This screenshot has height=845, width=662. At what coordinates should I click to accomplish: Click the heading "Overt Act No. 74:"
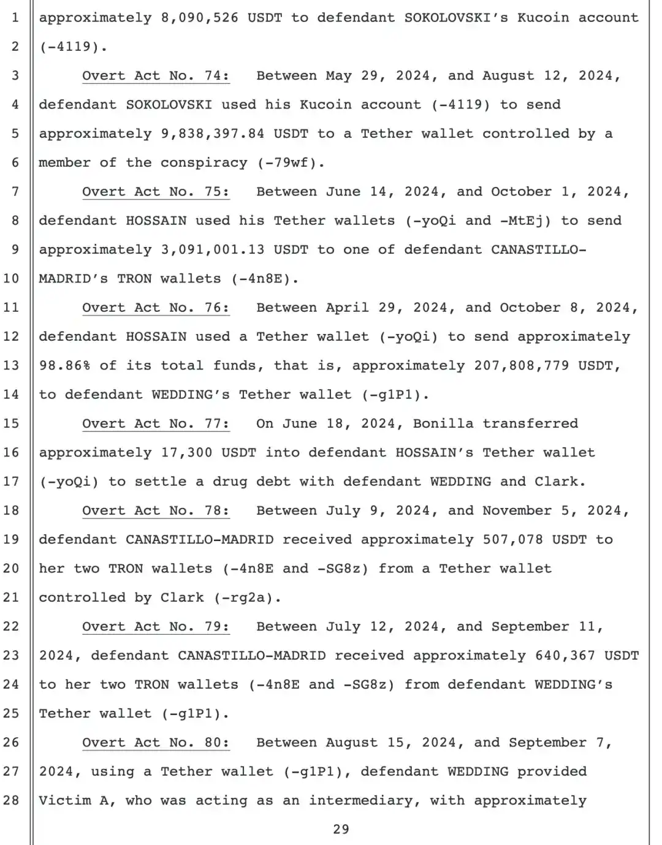156,76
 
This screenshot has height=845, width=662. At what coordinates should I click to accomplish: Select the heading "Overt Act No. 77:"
156,423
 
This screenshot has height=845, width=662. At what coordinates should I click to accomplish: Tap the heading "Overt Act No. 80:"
156,743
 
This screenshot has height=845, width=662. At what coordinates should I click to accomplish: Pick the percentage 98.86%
64,366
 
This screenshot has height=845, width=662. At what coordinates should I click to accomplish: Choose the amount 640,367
565,656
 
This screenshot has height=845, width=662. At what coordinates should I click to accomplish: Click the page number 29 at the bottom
341,830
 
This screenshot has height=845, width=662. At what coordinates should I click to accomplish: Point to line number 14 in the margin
12,395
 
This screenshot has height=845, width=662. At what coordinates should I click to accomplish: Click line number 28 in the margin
12,800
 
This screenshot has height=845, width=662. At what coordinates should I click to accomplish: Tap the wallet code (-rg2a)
247,597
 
